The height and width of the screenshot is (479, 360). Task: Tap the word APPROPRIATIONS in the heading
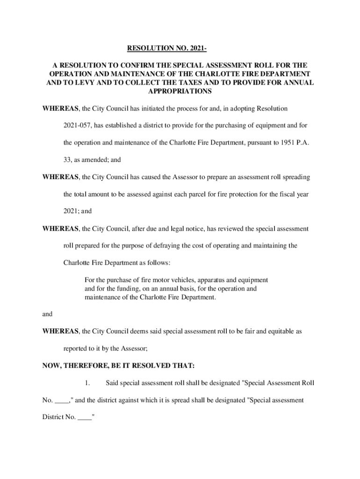(x=180, y=91)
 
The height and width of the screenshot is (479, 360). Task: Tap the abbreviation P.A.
(x=302, y=143)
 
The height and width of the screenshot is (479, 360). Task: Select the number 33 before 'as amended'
(x=67, y=160)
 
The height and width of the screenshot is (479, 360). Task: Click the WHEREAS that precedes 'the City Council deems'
(x=60, y=331)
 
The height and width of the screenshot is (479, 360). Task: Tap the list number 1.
(x=87, y=383)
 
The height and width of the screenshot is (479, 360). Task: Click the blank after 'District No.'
(x=85, y=417)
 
